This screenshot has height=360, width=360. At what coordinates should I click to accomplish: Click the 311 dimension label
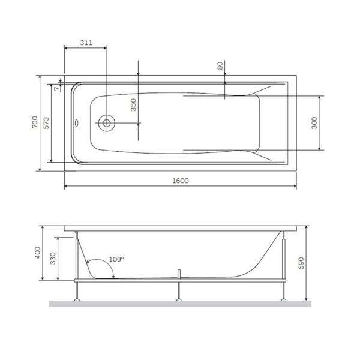pyautogui.click(x=86, y=43)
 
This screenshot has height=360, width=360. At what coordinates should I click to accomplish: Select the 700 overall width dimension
pyautogui.click(x=35, y=122)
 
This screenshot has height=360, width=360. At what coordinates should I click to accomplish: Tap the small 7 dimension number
pyautogui.click(x=57, y=88)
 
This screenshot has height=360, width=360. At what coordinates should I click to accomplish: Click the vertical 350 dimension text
pyautogui.click(x=133, y=106)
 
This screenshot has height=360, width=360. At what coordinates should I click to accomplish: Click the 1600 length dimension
pyautogui.click(x=179, y=181)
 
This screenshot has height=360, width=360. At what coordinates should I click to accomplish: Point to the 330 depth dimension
pyautogui.click(x=53, y=259)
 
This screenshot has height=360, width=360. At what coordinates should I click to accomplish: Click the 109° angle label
pyautogui.click(x=116, y=260)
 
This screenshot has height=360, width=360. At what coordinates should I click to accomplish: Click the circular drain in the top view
pyautogui.click(x=106, y=123)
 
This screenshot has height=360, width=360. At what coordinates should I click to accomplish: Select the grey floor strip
pyautogui.click(x=180, y=304)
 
